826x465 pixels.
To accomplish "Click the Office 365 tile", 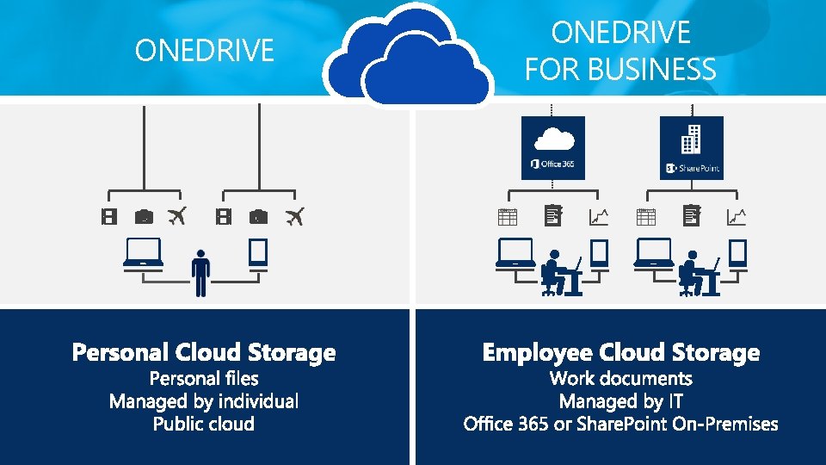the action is click(x=552, y=147).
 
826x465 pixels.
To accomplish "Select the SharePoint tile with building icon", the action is click(x=691, y=147).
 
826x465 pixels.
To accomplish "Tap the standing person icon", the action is click(x=200, y=273).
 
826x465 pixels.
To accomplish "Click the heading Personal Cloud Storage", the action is click(x=204, y=353).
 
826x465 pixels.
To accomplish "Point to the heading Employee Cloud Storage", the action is click(x=621, y=353).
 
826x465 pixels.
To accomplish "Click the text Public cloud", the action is click(x=204, y=424).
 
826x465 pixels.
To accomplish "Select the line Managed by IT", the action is click(x=621, y=401).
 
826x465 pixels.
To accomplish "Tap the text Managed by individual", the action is click(x=204, y=401).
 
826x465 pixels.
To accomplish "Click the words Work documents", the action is click(x=621, y=378).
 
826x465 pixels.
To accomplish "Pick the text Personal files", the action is click(x=204, y=378).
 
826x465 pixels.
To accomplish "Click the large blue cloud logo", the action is click(x=409, y=55).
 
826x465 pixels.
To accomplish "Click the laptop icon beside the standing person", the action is click(x=144, y=254).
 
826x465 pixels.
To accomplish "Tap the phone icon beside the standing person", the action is click(x=258, y=255).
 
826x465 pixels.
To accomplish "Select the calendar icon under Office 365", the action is click(x=508, y=217).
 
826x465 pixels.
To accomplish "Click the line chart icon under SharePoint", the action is click(x=737, y=217).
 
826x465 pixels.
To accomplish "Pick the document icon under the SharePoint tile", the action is click(x=691, y=215).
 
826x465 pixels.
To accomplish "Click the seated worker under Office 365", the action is click(x=562, y=273).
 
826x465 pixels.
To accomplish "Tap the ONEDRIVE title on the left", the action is click(x=205, y=51).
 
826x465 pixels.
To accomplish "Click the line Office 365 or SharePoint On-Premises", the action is click(x=621, y=424).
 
